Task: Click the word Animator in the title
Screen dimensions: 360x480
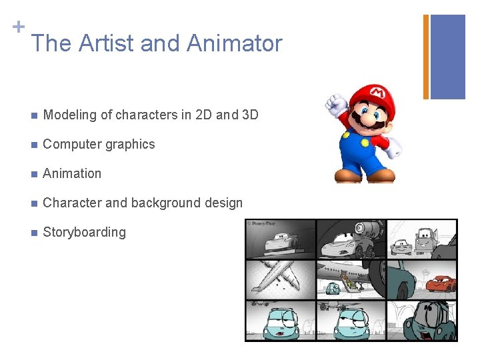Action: [234, 43]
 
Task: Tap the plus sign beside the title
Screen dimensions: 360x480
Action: [19, 27]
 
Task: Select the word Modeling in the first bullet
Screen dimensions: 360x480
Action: [69, 115]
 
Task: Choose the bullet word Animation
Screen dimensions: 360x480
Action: [72, 173]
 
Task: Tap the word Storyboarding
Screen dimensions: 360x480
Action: [84, 232]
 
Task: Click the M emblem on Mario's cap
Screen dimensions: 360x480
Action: [377, 91]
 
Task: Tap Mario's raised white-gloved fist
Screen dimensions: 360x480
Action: [335, 104]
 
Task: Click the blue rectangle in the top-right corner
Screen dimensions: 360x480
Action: [447, 57]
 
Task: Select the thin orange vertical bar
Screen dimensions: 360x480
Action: [426, 57]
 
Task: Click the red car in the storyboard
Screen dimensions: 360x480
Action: [440, 285]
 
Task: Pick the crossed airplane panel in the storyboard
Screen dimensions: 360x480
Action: [280, 279]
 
